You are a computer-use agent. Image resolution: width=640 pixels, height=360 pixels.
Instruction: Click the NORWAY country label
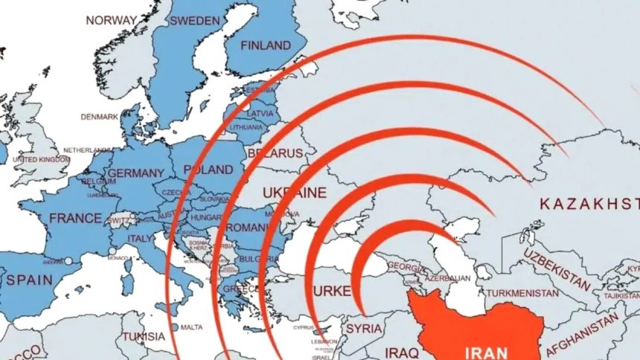tap(111, 20)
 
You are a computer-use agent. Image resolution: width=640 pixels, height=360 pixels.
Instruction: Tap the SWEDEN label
tap(194, 21)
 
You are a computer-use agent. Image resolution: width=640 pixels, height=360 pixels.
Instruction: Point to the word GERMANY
tap(135, 173)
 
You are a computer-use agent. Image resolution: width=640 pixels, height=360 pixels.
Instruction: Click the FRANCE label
tap(75, 218)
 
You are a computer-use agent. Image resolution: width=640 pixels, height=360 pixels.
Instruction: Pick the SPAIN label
tap(29, 280)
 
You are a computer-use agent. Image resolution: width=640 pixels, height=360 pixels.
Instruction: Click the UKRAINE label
tap(295, 193)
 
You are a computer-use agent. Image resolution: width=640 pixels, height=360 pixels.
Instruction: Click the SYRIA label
tap(365, 328)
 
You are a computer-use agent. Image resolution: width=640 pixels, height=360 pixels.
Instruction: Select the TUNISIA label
tap(144, 336)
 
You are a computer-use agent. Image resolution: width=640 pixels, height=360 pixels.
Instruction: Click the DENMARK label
tap(100, 117)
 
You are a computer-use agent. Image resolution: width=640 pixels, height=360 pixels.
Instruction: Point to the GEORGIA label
tap(406, 266)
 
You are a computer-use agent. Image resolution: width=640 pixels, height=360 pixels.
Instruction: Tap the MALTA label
tap(191, 327)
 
